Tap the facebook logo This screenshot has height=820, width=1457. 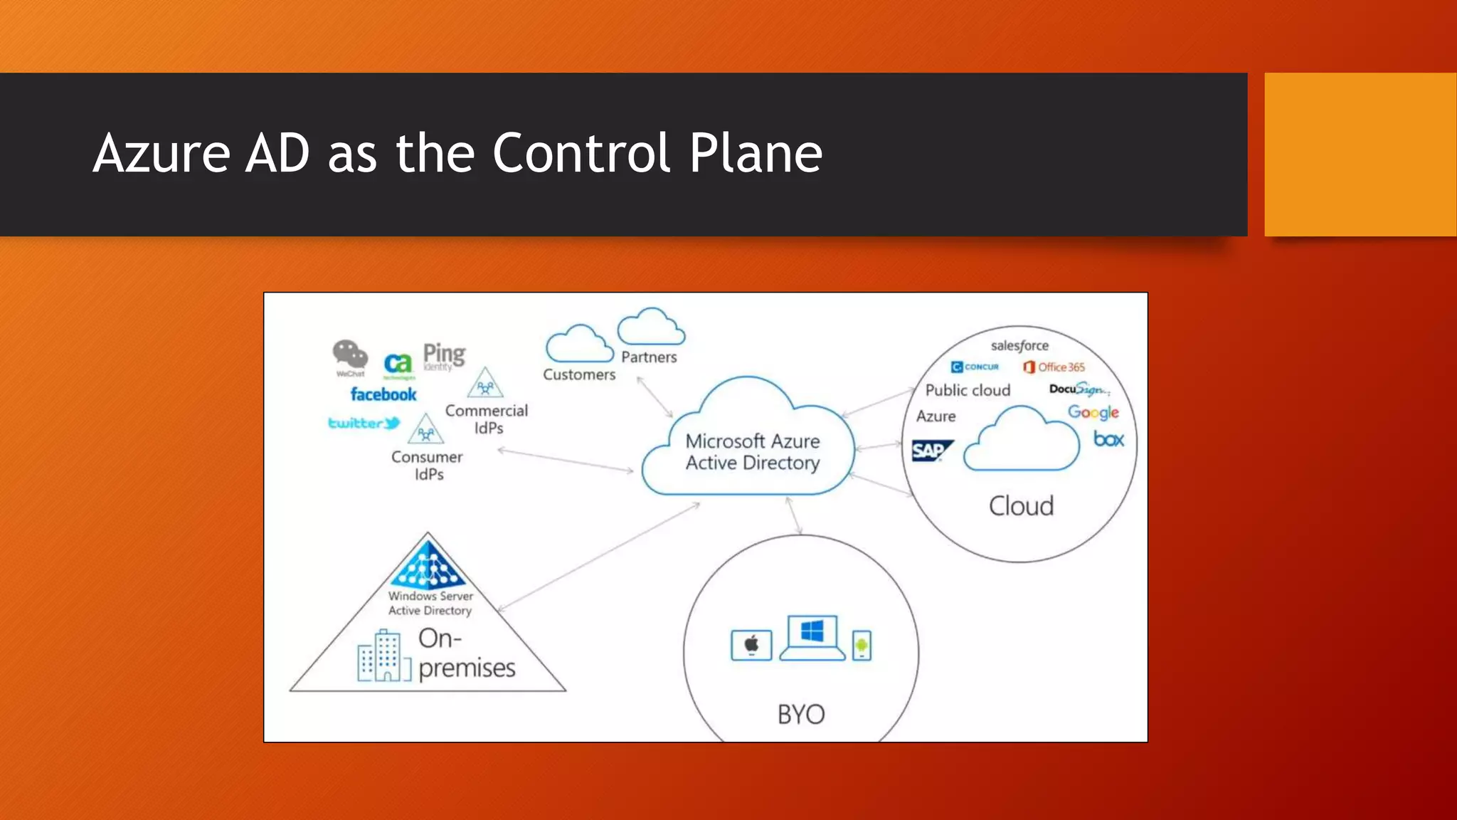pyautogui.click(x=383, y=394)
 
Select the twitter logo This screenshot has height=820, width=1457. pyautogui.click(x=364, y=424)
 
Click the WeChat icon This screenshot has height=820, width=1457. pyautogui.click(x=350, y=355)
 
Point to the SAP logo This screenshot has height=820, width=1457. pyautogui.click(x=931, y=451)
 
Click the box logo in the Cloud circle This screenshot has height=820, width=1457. pyautogui.click(x=1108, y=440)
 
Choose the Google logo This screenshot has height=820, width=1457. pyautogui.click(x=1093, y=412)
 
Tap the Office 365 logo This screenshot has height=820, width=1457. pyautogui.click(x=1054, y=367)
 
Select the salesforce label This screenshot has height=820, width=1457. pyautogui.click(x=1019, y=346)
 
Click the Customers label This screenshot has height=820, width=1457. pyautogui.click(x=579, y=374)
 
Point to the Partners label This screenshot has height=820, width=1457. pyautogui.click(x=649, y=357)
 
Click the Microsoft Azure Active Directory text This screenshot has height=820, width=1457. pyautogui.click(x=753, y=452)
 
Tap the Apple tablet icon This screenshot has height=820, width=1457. pyautogui.click(x=751, y=645)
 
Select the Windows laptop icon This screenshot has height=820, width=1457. pyautogui.click(x=812, y=636)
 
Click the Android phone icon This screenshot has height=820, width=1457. pyautogui.click(x=862, y=646)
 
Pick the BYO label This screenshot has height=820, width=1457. pyautogui.click(x=801, y=714)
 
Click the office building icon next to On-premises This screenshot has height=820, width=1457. pyautogui.click(x=384, y=656)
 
